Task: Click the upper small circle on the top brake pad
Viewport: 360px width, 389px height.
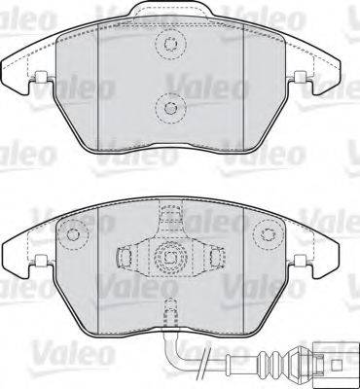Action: tap(171, 45)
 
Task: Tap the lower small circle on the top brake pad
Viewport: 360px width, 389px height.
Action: tap(171, 108)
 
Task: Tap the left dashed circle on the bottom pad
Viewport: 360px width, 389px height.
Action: tap(71, 233)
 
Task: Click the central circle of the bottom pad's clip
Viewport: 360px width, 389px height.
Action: tap(171, 259)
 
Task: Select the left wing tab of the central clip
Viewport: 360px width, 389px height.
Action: tap(125, 259)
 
